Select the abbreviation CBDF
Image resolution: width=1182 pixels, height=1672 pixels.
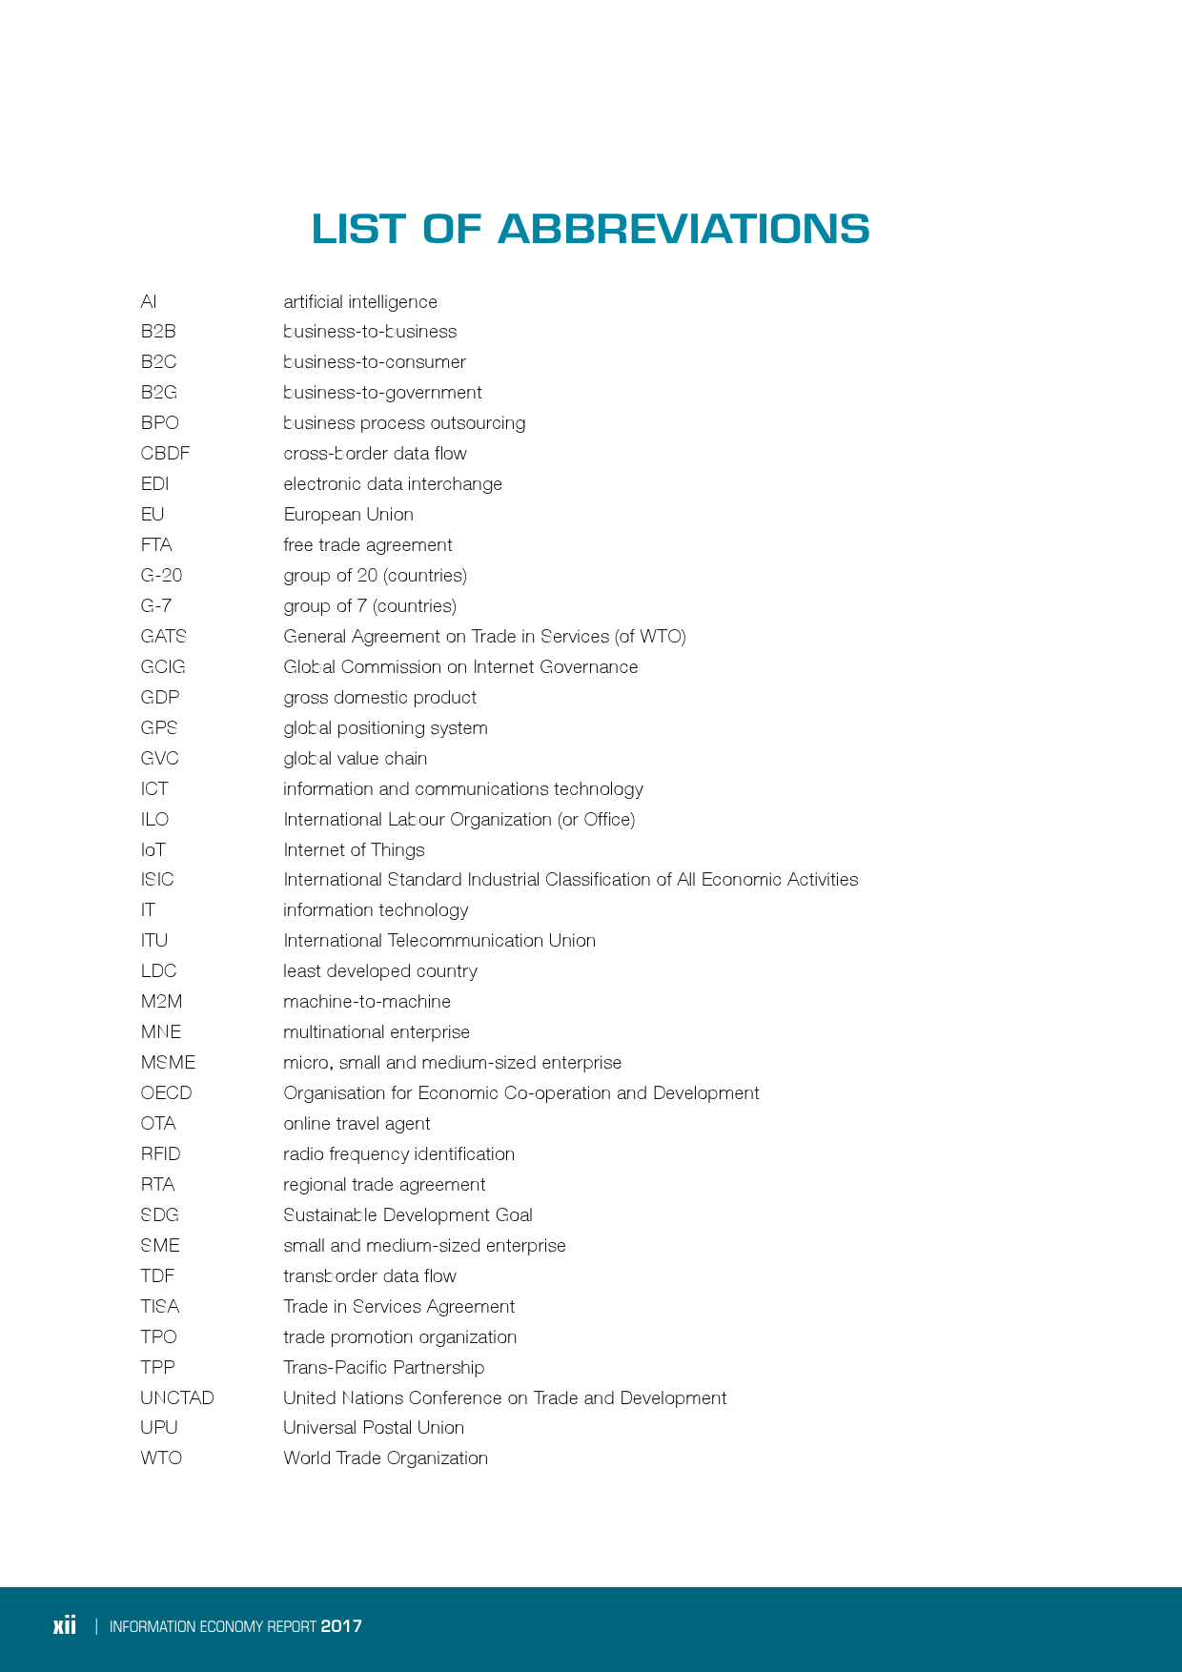pos(165,454)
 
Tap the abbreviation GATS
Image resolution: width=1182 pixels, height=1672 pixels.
pos(163,637)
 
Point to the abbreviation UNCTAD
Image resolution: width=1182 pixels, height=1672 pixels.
pos(177,1398)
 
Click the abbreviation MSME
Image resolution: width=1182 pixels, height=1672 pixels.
pos(168,1063)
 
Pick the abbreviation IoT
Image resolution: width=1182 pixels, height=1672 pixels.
pos(153,850)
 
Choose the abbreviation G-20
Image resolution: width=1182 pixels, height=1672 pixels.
pos(161,576)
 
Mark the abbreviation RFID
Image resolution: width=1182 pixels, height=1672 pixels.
pos(160,1154)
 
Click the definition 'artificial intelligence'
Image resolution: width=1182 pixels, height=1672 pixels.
pos(360,302)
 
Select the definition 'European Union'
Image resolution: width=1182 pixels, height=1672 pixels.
pos(348,515)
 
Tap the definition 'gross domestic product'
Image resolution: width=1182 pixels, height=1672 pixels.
pos(379,698)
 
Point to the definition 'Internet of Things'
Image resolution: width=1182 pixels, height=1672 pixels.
pos(354,850)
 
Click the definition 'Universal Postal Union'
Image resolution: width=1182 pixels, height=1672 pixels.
pos(374,1428)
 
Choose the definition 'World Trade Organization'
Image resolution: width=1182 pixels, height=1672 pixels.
pos(385,1458)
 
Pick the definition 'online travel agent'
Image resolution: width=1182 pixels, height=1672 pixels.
pos(357,1124)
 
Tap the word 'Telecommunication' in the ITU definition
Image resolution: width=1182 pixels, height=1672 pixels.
pos(465,941)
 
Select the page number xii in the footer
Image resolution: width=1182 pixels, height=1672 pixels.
pos(65,1626)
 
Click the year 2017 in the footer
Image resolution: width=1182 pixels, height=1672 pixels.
pos(341,1626)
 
